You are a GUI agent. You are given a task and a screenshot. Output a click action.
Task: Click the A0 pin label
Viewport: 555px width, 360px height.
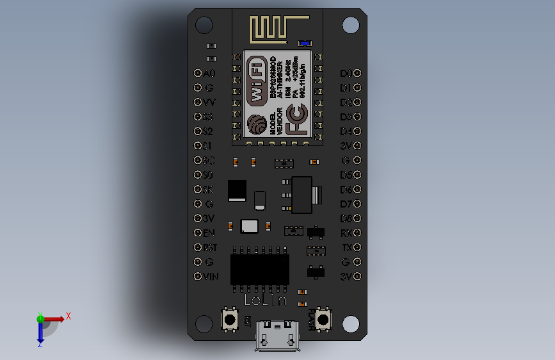coord(209,74)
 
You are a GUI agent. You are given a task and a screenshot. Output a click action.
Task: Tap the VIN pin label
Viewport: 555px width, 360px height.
coord(211,277)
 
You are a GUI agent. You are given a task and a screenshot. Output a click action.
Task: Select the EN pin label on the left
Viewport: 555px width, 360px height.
coord(209,233)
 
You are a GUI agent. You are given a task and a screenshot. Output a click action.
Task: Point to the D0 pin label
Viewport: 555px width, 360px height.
coord(346,74)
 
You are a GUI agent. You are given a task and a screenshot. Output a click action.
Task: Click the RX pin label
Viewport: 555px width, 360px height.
coord(346,233)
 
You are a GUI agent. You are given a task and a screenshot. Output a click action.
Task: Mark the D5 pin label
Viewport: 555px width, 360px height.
coord(346,175)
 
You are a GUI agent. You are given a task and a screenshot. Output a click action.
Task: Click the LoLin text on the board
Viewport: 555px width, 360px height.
coord(265,300)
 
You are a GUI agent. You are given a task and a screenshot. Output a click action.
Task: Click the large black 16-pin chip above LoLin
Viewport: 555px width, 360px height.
coord(259,269)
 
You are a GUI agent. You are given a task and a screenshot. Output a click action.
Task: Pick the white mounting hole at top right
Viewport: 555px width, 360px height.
coord(350,25)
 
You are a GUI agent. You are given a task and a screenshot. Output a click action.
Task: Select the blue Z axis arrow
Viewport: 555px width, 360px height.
coord(40,332)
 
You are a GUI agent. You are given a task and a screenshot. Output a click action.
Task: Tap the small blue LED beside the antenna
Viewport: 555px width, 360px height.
coord(304,44)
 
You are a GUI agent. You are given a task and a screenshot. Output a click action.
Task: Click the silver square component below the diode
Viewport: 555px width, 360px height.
coord(250,225)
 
